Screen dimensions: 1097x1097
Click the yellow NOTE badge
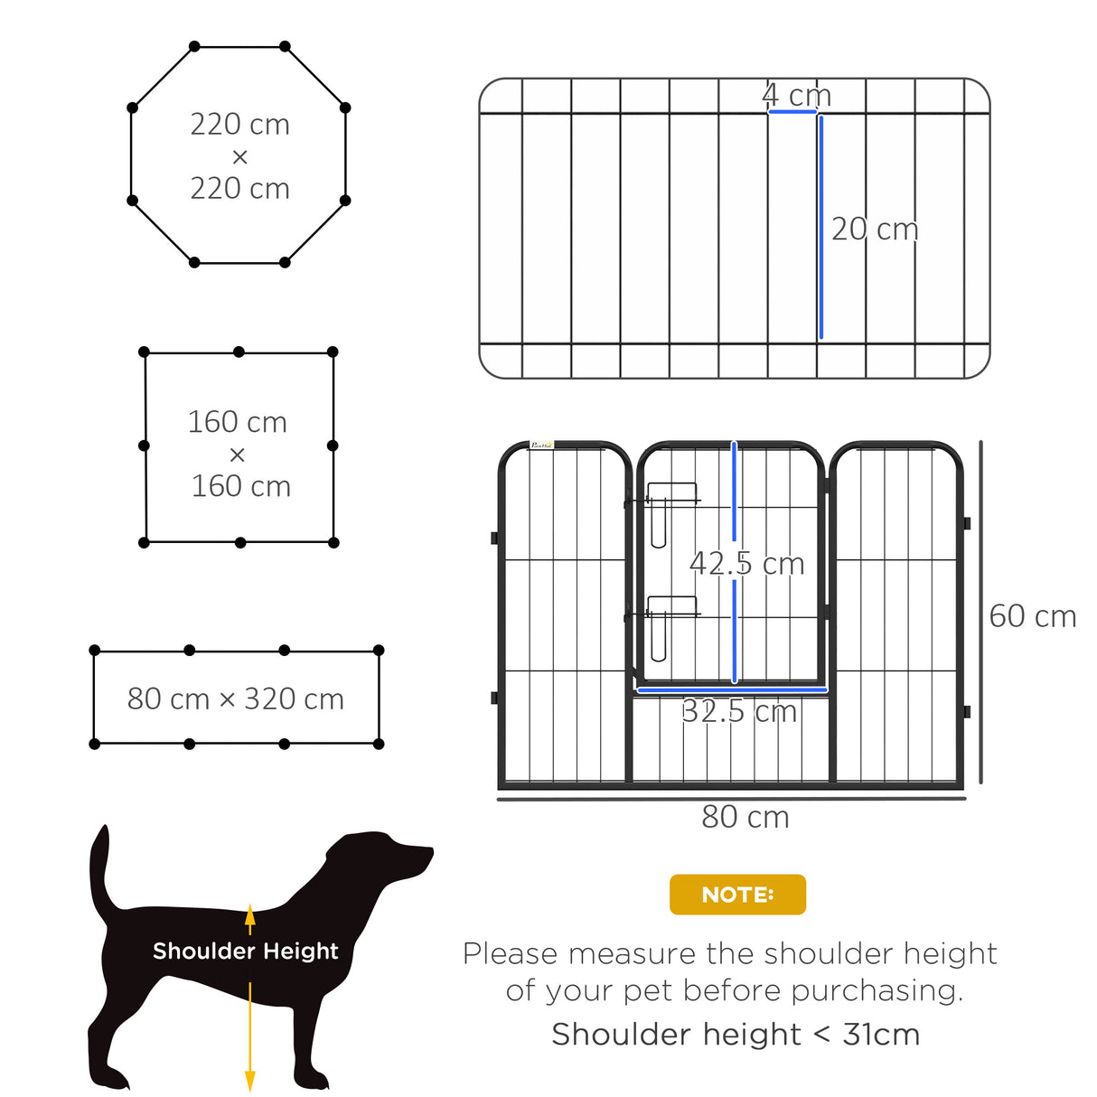737,895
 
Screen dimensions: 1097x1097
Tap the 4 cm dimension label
796,95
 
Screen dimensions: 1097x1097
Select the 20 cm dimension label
875,230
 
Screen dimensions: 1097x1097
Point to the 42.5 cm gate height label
747,564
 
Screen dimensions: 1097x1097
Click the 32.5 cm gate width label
739,712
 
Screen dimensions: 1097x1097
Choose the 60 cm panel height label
1033,616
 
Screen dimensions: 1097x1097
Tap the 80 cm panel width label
745,817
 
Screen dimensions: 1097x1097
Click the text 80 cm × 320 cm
236,699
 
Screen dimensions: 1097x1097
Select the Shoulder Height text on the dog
245,951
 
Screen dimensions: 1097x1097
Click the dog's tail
99,867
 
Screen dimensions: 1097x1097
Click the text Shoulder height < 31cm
736,1034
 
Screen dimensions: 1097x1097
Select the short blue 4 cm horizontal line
792,112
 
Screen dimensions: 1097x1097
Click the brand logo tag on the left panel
541,445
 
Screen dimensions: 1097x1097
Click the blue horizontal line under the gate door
732,690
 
